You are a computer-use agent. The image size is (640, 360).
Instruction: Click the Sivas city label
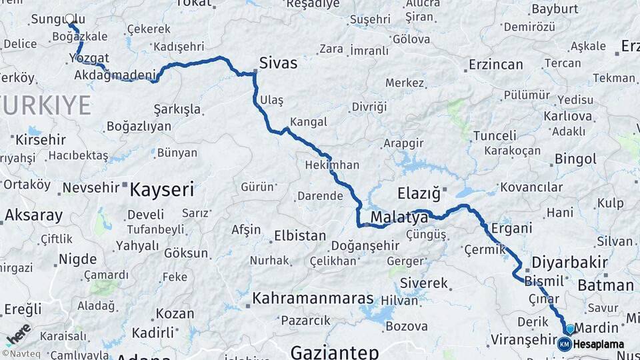pos(278,63)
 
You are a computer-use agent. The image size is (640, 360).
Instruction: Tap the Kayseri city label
pos(162,190)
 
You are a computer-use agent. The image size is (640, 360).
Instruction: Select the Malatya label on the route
pos(399,217)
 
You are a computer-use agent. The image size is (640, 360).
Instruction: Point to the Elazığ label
pos(419,194)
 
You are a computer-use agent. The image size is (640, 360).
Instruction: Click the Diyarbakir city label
pos(569,262)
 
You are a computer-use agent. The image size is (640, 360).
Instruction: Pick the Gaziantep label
pos(335,351)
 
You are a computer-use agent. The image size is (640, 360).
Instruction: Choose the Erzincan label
pos(495,65)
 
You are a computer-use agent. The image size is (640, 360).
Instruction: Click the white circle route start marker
pos(70,19)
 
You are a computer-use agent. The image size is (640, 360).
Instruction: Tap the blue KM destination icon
pos(565,344)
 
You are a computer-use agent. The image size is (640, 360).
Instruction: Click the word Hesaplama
pos(599,344)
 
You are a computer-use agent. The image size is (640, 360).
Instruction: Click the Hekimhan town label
pos(331,165)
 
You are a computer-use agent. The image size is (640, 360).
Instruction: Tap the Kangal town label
pos(309,122)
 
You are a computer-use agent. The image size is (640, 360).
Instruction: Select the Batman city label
pos(605,285)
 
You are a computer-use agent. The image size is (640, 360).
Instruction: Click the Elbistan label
pos(299,236)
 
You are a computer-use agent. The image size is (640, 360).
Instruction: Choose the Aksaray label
pos(33,215)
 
